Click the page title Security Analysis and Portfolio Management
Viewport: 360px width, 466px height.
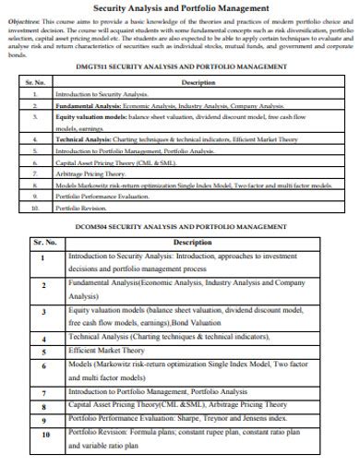click(x=180, y=8)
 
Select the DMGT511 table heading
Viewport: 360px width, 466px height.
click(x=180, y=66)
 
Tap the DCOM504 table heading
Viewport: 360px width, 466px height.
click(x=181, y=226)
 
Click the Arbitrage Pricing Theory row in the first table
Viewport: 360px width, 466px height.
click(x=90, y=173)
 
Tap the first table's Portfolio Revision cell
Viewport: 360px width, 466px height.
click(x=82, y=208)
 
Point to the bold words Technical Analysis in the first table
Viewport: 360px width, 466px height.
click(x=80, y=138)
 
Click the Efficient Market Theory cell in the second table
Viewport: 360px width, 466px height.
click(x=107, y=351)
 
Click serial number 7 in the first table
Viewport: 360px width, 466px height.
click(x=33, y=173)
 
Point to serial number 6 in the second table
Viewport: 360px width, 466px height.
click(x=44, y=365)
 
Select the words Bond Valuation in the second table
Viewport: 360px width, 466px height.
click(x=195, y=324)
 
